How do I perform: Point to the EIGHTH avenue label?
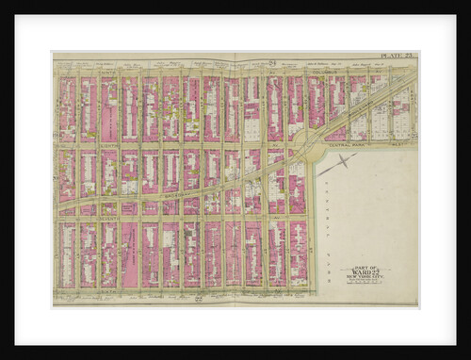tap(79, 145)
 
